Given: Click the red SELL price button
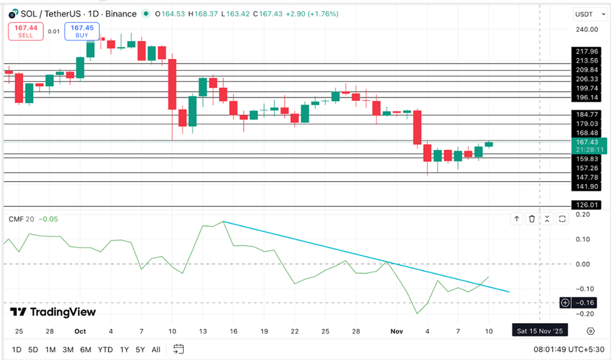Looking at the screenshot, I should pyautogui.click(x=25, y=31).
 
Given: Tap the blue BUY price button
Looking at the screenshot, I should pyautogui.click(x=82, y=31).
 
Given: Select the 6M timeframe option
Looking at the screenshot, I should pyautogui.click(x=85, y=350).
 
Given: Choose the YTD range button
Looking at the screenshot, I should pyautogui.click(x=105, y=350).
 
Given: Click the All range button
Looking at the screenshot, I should pyautogui.click(x=155, y=350).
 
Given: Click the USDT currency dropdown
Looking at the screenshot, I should pyautogui.click(x=584, y=14).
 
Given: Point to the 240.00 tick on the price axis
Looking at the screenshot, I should pyautogui.click(x=586, y=29).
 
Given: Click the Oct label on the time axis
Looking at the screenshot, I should pyautogui.click(x=80, y=331).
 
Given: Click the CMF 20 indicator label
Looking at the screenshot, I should pyautogui.click(x=21, y=219).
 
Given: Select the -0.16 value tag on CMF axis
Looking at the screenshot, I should pyautogui.click(x=586, y=302).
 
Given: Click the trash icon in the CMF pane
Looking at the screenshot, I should pyautogui.click(x=532, y=219).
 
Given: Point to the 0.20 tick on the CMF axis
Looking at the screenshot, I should pyautogui.click(x=582, y=214).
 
